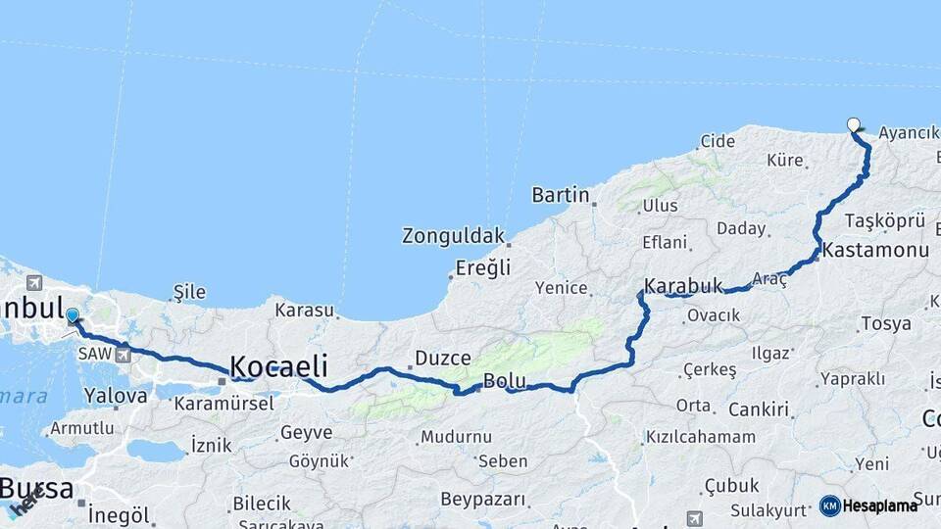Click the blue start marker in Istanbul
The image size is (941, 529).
pos(72,315)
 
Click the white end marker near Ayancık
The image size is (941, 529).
pos(854,124)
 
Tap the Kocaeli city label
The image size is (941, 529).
pos(278,367)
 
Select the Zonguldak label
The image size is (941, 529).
pos(453,236)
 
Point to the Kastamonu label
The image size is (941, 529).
pos(875,251)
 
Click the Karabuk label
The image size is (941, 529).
pos(683,286)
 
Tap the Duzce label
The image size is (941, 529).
pos(443,358)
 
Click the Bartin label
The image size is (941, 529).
pos(561,195)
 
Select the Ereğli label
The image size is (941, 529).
pos(483,267)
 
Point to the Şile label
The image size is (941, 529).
pos(189,292)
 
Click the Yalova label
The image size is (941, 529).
pos(116,396)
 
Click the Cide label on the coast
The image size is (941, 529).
pos(718,141)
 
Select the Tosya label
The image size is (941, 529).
pos(885,323)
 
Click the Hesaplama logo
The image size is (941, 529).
pos(868,505)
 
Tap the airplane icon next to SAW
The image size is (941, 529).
pos(124,354)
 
